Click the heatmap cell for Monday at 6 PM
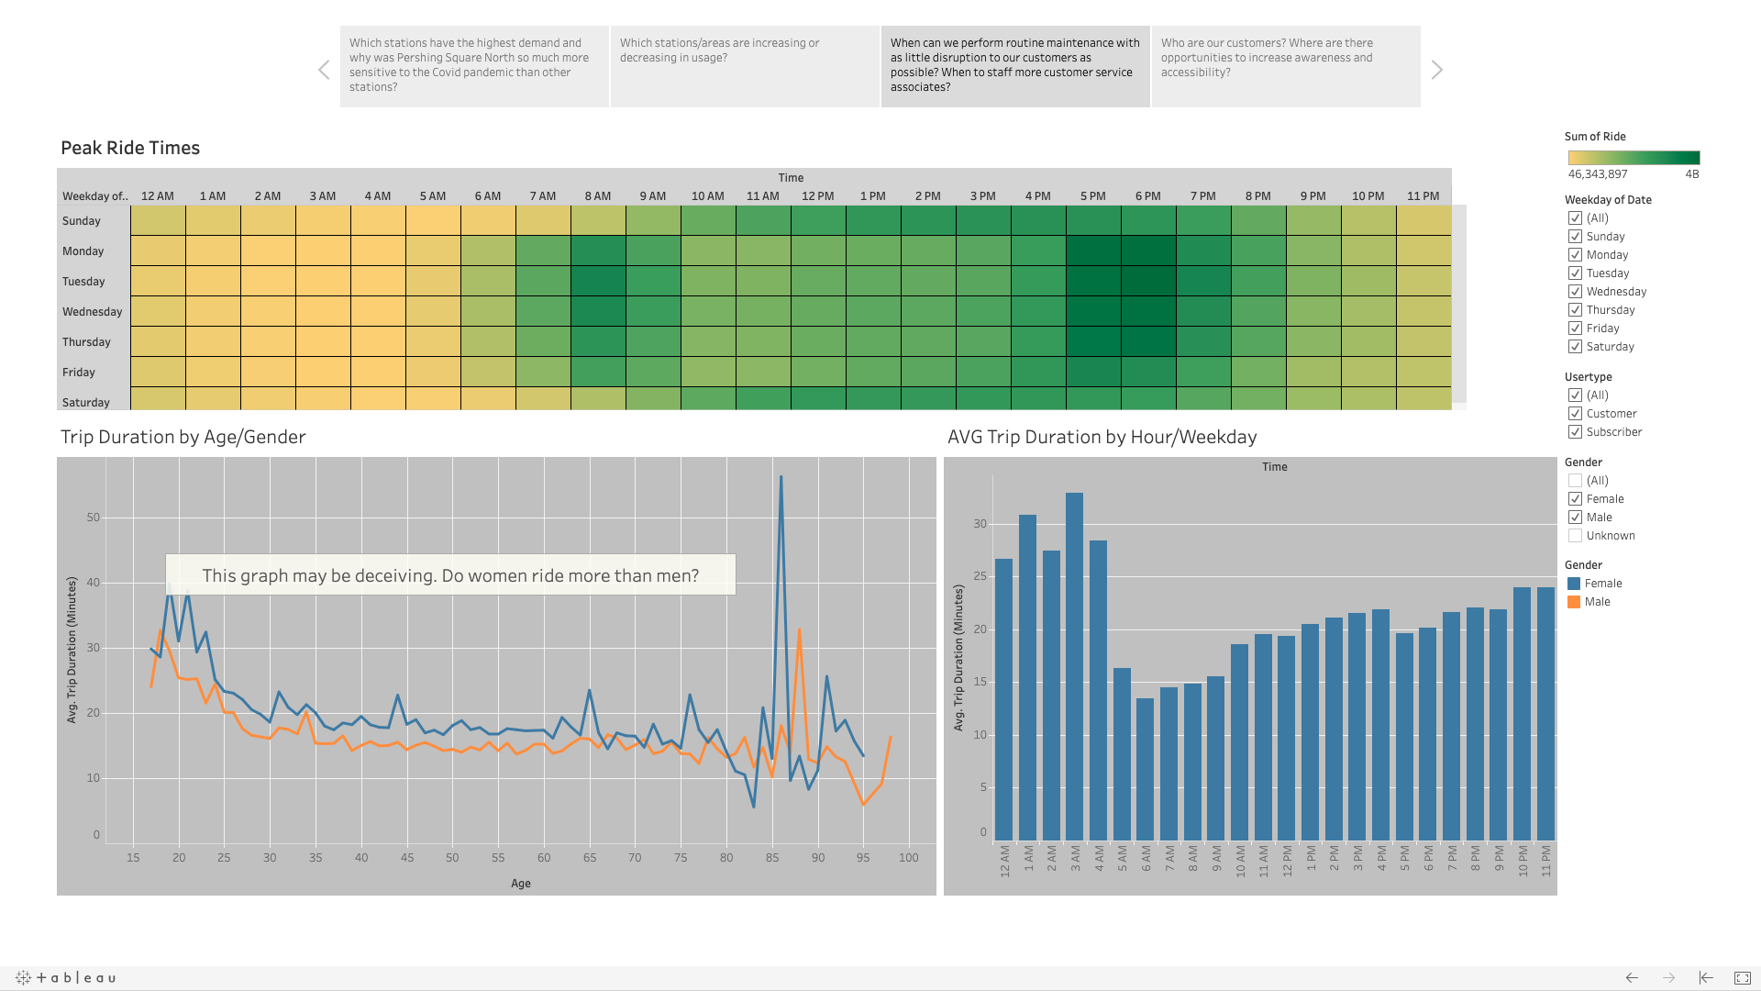1148,251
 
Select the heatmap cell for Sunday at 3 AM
323,220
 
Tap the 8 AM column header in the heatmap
598,196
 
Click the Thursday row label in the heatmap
86,342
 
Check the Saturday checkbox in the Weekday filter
1575,347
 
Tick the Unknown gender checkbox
1575,536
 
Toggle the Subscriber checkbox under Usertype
1575,432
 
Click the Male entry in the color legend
1597,602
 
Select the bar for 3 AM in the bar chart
1074,666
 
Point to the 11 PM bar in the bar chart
1545,714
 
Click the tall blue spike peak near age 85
781,477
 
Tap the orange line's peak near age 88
799,630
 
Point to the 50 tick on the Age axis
452,858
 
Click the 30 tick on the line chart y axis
93,648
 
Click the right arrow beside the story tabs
1436,70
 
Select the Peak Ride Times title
130,148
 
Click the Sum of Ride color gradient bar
1634,158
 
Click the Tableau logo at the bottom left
66,978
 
